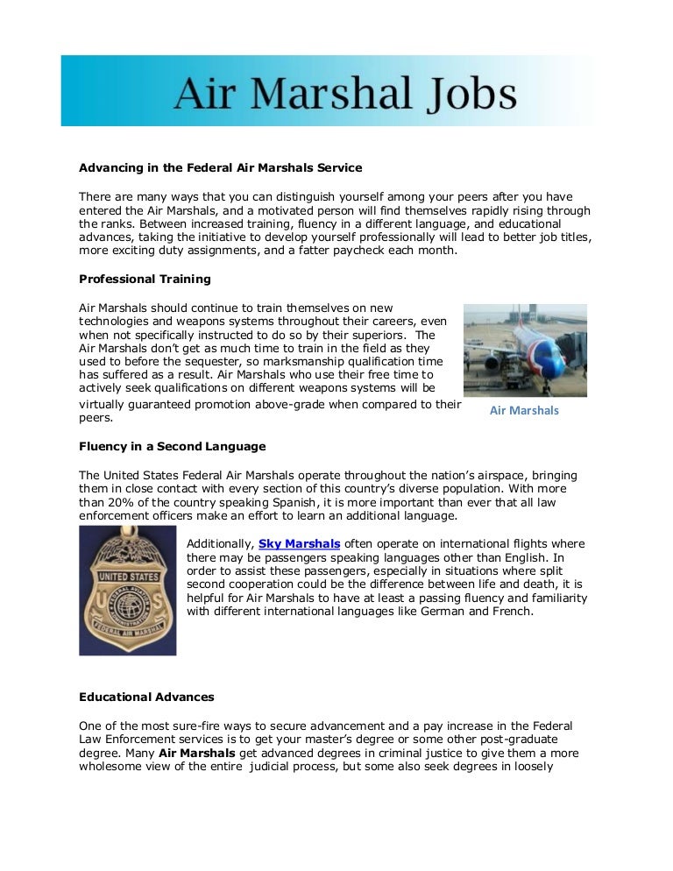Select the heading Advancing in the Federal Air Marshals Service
click(220, 166)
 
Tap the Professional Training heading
click(145, 280)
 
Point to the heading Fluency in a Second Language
click(172, 446)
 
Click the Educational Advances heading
click(146, 698)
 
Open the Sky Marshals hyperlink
click(299, 544)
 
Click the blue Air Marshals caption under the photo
click(523, 410)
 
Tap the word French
click(513, 611)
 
